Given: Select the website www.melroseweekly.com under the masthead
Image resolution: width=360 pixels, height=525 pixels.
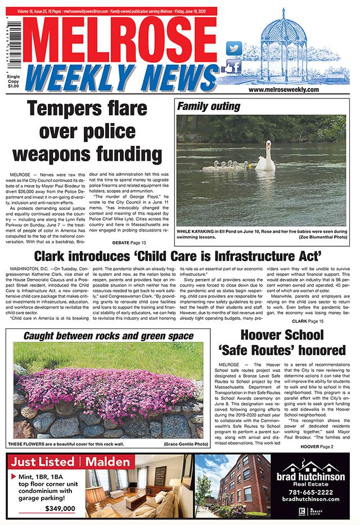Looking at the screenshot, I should pos(283,89).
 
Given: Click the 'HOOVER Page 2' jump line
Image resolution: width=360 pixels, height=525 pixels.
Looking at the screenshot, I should pos(317,446).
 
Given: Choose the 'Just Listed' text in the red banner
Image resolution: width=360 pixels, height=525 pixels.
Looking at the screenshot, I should pos(43,463).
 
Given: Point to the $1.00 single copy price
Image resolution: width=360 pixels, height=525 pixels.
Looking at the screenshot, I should pos(12,87).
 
